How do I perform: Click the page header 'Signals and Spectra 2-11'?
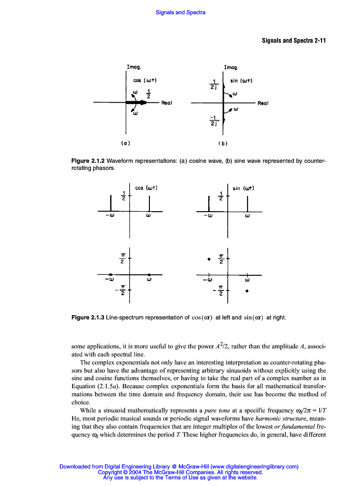pyautogui.click(x=294, y=40)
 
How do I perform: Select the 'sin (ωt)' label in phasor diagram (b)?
pyautogui.click(x=241, y=81)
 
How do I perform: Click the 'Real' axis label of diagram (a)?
pyautogui.click(x=167, y=102)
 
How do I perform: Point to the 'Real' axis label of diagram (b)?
pyautogui.click(x=263, y=103)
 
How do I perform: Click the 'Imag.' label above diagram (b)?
pyautogui.click(x=231, y=67)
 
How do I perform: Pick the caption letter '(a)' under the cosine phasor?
pyautogui.click(x=126, y=142)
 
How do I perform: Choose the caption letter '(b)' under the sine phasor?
pyautogui.click(x=222, y=142)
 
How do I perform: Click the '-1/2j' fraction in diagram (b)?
pyautogui.click(x=214, y=121)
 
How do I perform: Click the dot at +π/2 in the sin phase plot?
pyautogui.click(x=209, y=259)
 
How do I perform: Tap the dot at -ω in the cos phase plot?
pyautogui.click(x=111, y=275)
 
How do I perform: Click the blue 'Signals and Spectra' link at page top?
pyautogui.click(x=180, y=12)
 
